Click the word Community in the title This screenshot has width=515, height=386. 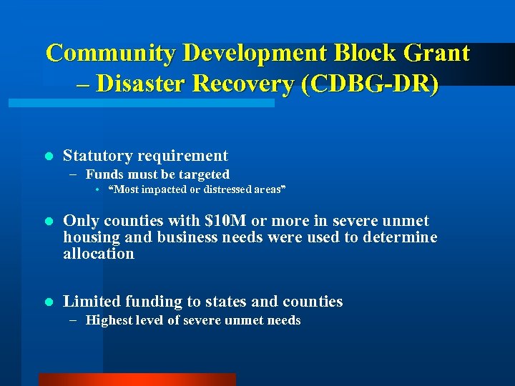pos(111,53)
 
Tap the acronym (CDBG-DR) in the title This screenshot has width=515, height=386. pos(370,84)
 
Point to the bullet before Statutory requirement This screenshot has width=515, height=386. pos(48,156)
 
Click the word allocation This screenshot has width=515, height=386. pos(98,254)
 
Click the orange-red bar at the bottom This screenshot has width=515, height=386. pos(137,380)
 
